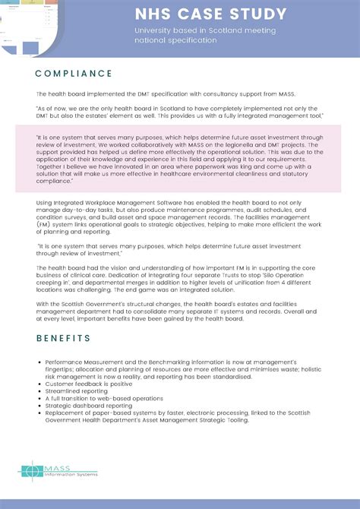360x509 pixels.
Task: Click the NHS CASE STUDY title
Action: [x=210, y=14]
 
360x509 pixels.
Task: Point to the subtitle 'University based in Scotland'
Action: [x=205, y=30]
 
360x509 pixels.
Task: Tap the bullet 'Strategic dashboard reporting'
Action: [x=88, y=406]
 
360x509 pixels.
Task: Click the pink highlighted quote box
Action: [x=180, y=159]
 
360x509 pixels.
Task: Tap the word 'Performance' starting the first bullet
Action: [x=62, y=362]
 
